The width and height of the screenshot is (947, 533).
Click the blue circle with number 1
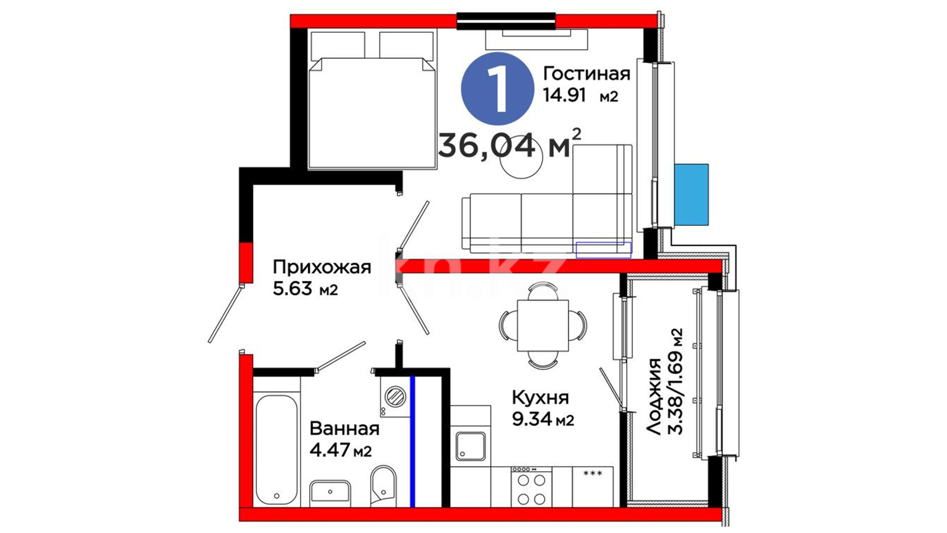pos(497,89)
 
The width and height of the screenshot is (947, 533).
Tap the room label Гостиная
pos(586,74)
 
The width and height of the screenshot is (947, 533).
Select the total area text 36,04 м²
pos(510,144)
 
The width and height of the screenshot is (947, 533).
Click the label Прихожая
pos(322,268)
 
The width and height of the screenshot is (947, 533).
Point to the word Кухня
pos(540,398)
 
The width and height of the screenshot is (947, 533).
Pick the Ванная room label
pos(344,429)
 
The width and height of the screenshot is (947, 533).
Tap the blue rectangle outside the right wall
pos(691,194)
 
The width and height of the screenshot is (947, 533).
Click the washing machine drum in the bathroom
pos(395,396)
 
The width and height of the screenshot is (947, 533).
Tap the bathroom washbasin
pos(330,493)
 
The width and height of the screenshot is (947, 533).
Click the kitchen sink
pos(470,446)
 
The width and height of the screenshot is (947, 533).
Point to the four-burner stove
pos(531,487)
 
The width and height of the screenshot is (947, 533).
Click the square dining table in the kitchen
pos(543,326)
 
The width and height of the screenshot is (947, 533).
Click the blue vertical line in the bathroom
pos(412,441)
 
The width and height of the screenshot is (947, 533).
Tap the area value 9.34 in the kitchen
pos(532,419)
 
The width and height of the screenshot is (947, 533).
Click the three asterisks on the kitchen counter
pos(592,473)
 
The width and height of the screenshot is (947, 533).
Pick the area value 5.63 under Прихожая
pos(292,289)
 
